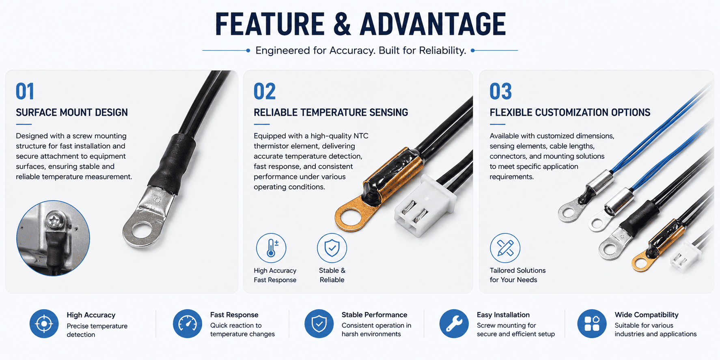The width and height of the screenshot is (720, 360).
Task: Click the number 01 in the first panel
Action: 25,91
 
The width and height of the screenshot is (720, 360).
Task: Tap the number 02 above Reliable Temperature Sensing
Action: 265,91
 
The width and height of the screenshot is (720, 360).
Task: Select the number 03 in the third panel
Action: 500,91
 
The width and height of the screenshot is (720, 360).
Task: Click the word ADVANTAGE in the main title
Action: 433,24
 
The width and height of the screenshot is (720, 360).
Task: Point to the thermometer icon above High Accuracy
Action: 271,248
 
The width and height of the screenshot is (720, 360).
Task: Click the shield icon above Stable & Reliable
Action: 332,248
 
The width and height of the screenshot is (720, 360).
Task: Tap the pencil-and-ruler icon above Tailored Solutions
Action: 505,248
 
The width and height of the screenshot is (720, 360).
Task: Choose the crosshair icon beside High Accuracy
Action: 44,324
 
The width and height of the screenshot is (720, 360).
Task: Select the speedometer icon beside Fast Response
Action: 188,324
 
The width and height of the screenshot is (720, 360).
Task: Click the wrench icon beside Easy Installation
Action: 454,324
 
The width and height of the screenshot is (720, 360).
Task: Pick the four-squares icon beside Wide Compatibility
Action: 592,324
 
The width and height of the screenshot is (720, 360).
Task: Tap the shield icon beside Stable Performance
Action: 319,324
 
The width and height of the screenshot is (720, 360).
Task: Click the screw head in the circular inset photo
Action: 54,221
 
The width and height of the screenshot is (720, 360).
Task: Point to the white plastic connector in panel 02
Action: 424,205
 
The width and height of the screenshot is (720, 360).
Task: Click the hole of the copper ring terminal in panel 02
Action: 351,218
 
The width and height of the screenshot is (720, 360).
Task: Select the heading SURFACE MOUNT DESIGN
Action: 72,112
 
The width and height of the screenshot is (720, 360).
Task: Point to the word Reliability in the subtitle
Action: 442,51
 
